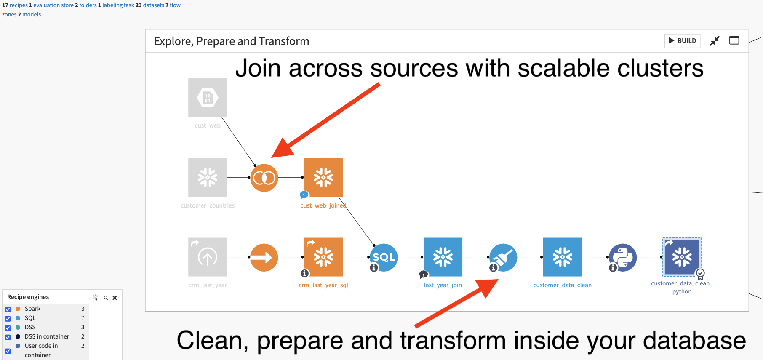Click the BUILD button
(682, 41)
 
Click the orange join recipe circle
(264, 178)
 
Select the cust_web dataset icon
(208, 98)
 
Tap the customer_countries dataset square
(208, 177)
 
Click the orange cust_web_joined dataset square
(323, 177)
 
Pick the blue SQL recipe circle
(384, 257)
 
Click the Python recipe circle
(623, 257)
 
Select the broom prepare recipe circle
(503, 257)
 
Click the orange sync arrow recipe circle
(264, 257)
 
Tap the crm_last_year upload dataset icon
(208, 257)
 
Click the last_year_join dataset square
(443, 257)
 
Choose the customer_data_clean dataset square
(563, 257)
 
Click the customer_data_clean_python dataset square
(682, 257)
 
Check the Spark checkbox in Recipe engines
(8, 309)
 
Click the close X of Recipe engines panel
(115, 298)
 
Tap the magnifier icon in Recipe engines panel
(106, 298)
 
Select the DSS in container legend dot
(18, 336)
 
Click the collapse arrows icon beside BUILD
(715, 41)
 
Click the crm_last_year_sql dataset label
(323, 285)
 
